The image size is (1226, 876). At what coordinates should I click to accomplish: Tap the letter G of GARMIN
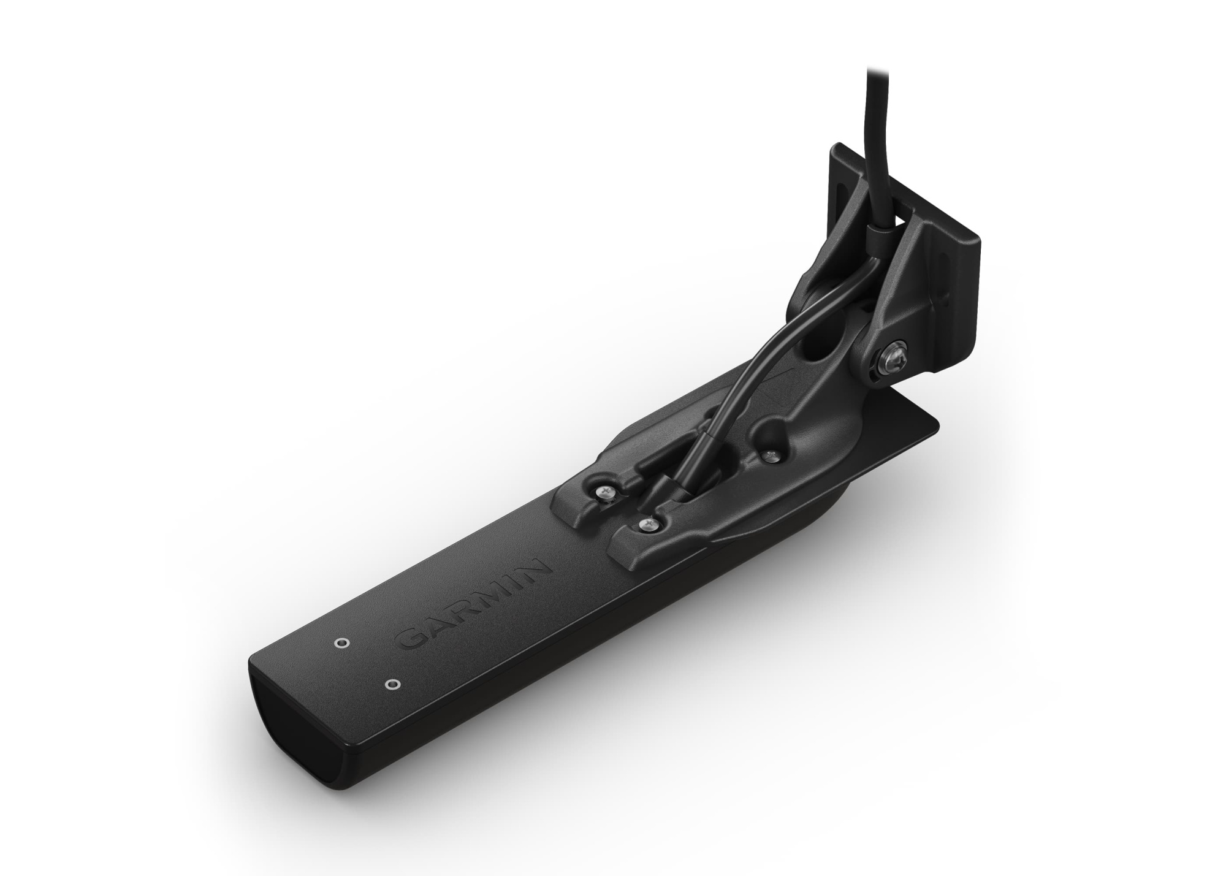(409, 641)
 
